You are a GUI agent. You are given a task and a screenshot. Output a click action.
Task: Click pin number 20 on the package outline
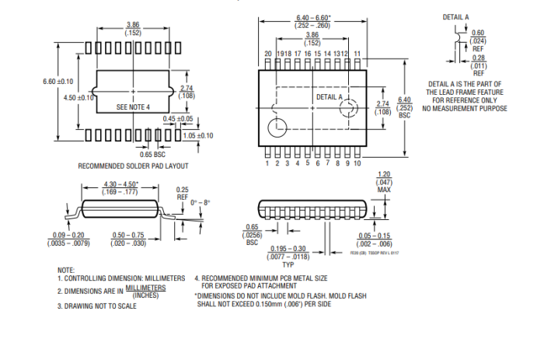268,54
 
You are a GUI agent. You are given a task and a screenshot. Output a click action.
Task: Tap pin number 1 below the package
267,164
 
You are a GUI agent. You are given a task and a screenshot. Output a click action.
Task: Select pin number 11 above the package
357,54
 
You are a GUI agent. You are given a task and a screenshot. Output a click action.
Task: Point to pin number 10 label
357,164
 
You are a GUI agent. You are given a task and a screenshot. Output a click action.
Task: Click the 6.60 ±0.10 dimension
58,81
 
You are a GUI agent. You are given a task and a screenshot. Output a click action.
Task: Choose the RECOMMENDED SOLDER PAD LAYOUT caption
133,166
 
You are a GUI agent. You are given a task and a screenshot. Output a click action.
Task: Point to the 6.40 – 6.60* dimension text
313,17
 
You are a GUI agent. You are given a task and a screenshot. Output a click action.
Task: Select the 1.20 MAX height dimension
383,182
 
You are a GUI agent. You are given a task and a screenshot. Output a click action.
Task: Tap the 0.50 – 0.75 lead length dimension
129,236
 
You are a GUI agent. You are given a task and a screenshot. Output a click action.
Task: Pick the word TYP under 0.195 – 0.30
288,264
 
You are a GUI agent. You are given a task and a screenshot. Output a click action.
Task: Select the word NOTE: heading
66,269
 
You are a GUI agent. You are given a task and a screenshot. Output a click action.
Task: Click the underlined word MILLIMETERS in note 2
145,287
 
